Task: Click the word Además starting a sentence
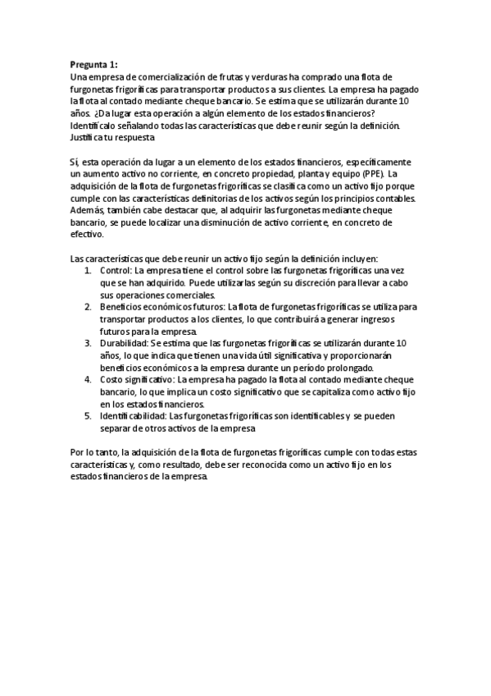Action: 89,211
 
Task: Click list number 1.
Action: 89,270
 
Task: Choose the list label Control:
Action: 116,270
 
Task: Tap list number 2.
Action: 89,307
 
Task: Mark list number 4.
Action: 89,381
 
